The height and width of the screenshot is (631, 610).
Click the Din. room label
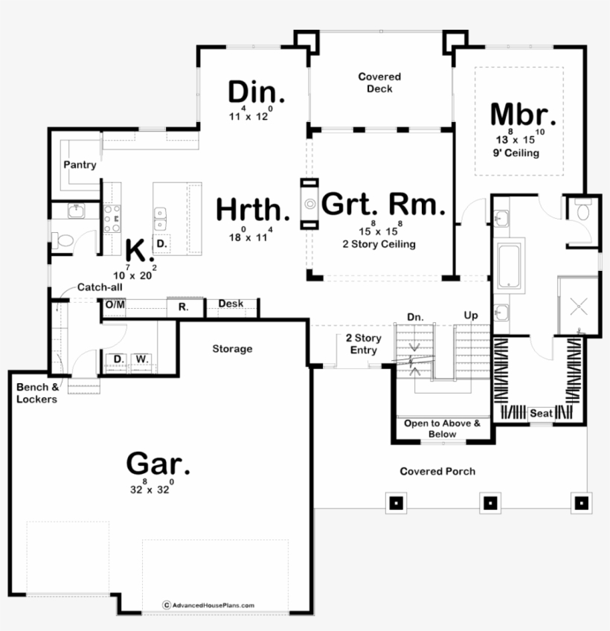tap(257, 92)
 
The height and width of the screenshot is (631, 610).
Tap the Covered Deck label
tap(379, 83)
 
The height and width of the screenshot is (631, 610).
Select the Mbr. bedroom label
tap(523, 115)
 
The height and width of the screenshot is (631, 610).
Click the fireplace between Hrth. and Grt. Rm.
tap(309, 204)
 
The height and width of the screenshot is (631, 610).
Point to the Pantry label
tap(80, 164)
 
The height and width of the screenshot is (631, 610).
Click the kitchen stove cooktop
tap(112, 219)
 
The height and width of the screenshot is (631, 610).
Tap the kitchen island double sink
tap(160, 219)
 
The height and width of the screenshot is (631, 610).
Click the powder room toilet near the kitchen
tap(62, 240)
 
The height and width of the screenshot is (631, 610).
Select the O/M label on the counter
tap(115, 304)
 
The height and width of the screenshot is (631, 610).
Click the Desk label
tap(231, 304)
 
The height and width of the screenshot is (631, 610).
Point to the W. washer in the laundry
tap(142, 359)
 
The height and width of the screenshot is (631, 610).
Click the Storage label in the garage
tap(232, 348)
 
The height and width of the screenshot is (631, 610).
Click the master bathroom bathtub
tap(509, 266)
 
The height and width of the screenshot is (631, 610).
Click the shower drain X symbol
tap(579, 307)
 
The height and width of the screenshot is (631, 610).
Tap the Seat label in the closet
tap(542, 413)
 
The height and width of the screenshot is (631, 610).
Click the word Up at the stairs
tap(471, 315)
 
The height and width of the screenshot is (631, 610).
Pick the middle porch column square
tap(490, 502)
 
